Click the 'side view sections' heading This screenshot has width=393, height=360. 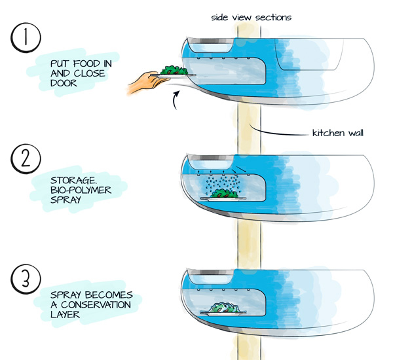(250, 16)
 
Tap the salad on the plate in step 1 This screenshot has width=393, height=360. (172, 70)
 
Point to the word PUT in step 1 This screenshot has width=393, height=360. (62, 63)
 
